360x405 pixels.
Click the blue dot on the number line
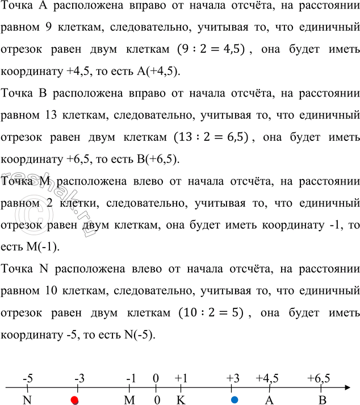coord(235,400)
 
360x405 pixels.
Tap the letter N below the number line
coord(27,400)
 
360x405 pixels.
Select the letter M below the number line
coord(130,400)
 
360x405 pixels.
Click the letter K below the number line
coord(181,400)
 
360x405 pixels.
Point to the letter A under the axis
coord(270,400)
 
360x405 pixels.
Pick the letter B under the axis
coord(322,400)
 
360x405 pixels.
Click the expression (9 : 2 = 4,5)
coord(210,49)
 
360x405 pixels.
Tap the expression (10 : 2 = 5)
coord(211,313)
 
